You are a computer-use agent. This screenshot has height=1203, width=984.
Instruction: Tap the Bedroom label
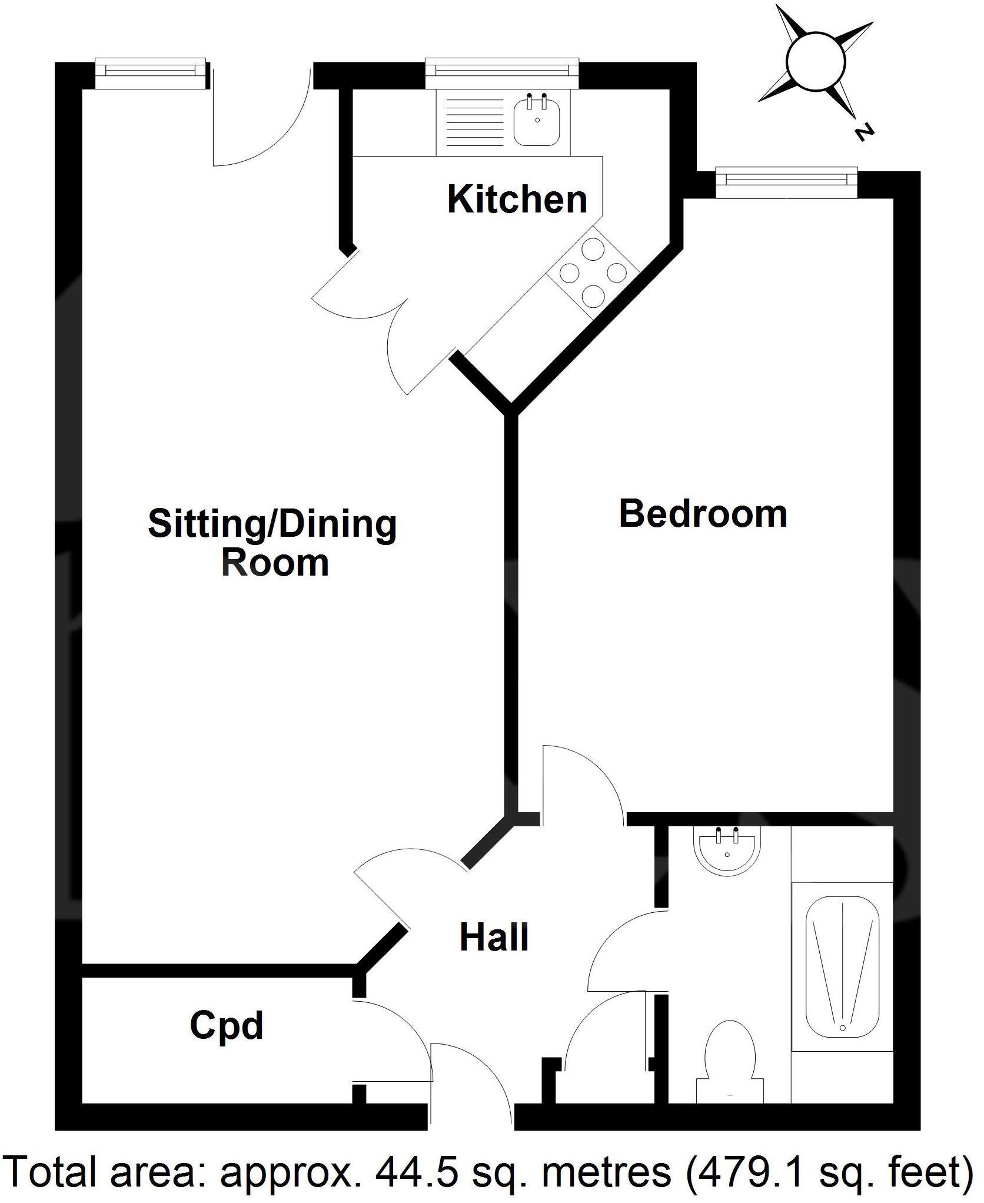coord(703,513)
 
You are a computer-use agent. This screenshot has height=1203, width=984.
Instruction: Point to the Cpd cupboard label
coord(226,1026)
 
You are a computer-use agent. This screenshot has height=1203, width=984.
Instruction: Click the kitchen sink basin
coord(536,121)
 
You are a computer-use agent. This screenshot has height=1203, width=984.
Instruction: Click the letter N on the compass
coord(863,134)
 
